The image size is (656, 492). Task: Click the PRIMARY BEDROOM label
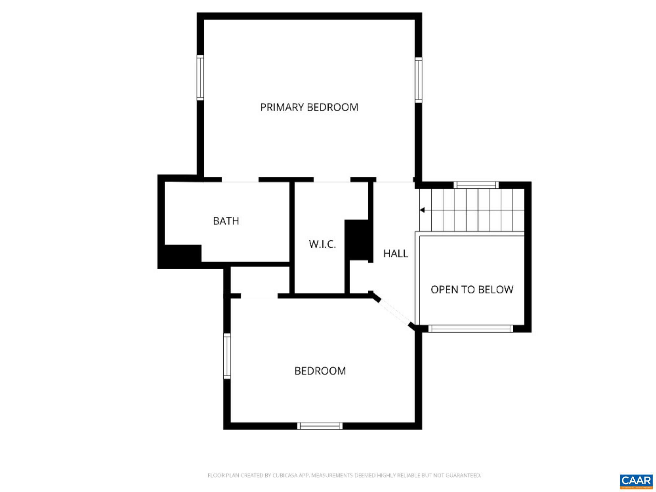click(309, 107)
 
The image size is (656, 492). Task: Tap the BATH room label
click(226, 221)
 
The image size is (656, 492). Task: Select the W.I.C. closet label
click(322, 244)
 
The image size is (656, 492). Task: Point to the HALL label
click(396, 254)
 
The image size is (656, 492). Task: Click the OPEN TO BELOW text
click(472, 290)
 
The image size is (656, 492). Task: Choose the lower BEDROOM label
click(320, 371)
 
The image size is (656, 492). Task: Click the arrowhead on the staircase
click(422, 210)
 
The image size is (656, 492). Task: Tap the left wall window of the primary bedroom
click(200, 77)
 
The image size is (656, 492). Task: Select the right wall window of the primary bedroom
click(418, 80)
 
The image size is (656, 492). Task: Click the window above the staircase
click(476, 185)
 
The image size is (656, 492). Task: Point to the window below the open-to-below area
click(471, 328)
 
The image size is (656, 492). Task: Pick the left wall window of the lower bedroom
click(227, 356)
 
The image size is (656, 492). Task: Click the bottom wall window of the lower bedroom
click(320, 426)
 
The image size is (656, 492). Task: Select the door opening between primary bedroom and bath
click(240, 180)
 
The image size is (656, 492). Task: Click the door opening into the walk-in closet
click(332, 180)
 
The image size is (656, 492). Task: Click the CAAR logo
click(636, 481)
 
